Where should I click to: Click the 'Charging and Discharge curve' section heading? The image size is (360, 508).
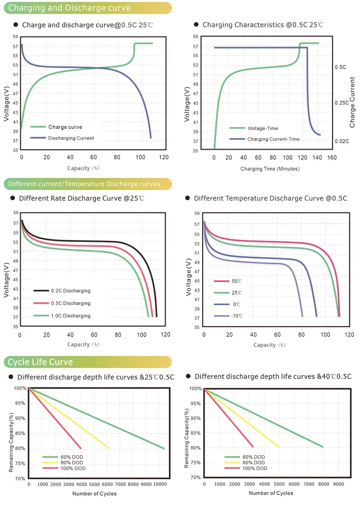tap(70, 8)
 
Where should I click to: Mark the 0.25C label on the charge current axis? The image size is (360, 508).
tap(341, 103)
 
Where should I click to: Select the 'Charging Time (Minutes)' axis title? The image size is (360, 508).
tap(270, 169)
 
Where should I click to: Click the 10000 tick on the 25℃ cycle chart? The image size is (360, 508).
tap(159, 484)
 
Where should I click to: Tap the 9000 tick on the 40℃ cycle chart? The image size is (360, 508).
tap(338, 484)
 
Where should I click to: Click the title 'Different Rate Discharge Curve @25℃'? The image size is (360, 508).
tap(82, 198)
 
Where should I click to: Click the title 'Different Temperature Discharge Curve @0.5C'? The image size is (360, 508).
tap(270, 198)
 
